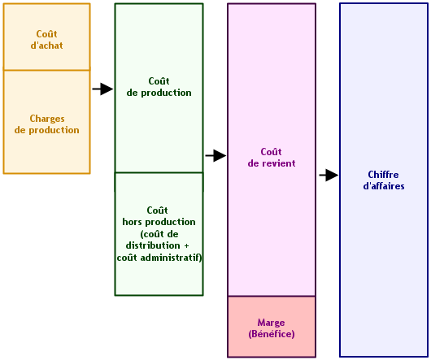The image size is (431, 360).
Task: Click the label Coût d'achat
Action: tap(46, 40)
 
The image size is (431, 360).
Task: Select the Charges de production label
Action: tap(47, 124)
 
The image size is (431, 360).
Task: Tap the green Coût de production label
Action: tap(159, 87)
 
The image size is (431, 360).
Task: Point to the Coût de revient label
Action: tap(272, 158)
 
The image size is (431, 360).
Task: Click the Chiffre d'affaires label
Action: tap(384, 180)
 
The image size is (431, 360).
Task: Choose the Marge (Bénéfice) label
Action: tap(272, 328)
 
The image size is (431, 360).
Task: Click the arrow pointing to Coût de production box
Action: tap(102, 89)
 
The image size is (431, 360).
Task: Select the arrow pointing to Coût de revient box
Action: tap(215, 156)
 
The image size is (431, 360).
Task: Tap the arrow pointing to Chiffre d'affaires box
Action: tap(329, 175)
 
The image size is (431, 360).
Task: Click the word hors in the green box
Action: tap(133, 222)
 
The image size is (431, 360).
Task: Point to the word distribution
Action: tap(153, 245)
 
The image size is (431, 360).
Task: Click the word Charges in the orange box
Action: tap(47, 119)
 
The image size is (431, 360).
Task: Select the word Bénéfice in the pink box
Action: tap(272, 334)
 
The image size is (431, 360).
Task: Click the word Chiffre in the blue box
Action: tap(384, 175)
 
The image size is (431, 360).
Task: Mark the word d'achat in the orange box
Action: tap(46, 46)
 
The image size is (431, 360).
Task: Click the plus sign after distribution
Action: tap(187, 245)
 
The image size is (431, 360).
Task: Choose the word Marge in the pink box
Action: tap(271, 323)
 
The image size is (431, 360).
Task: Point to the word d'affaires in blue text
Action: tap(384, 186)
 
